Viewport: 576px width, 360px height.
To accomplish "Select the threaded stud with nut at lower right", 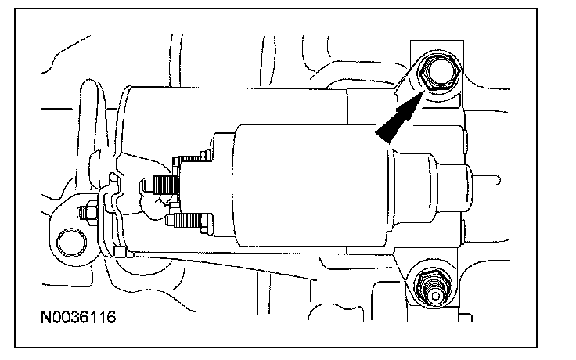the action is point(434,288).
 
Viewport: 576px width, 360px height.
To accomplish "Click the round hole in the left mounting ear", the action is point(72,243).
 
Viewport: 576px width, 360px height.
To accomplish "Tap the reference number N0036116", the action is point(78,318).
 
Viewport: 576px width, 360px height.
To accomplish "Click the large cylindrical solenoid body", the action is point(311,185).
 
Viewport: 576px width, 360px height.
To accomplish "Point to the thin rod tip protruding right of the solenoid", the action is point(486,180).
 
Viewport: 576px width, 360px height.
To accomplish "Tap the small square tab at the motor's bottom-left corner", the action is point(120,252).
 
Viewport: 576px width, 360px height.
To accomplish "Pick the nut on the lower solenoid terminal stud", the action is point(206,222).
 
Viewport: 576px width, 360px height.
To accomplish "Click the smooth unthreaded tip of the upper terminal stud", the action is point(147,185).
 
